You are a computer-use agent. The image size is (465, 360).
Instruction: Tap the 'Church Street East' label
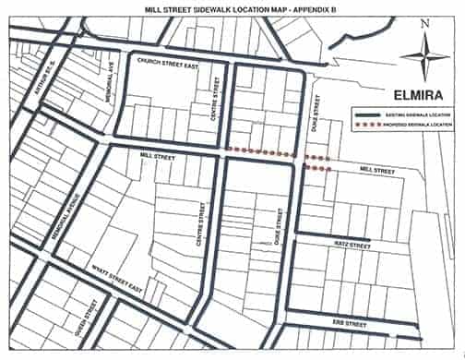(167, 66)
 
